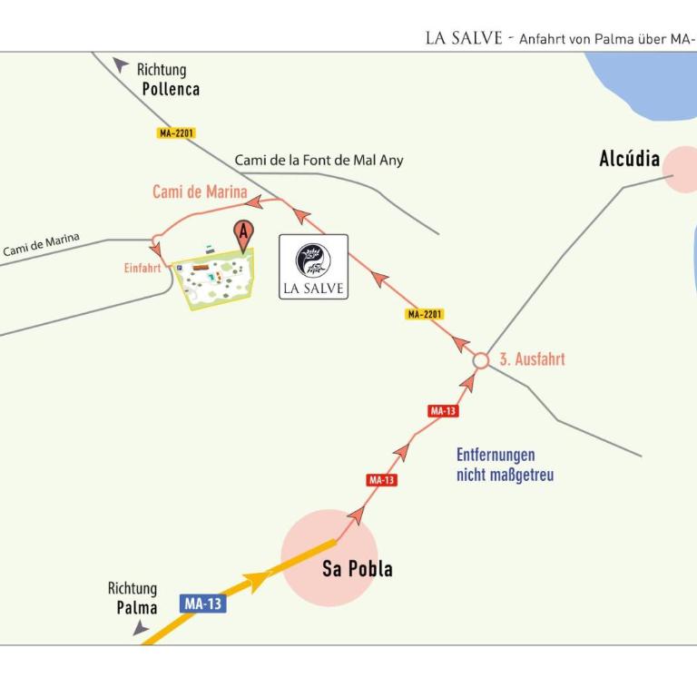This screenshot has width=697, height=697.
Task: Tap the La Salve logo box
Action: [313, 267]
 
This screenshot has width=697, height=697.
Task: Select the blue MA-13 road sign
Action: [203, 604]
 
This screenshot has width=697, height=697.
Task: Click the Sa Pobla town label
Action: [358, 568]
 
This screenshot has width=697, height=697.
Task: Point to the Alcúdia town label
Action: [630, 159]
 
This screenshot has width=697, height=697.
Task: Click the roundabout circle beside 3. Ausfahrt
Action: [480, 360]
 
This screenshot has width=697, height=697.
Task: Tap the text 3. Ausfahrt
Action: [532, 359]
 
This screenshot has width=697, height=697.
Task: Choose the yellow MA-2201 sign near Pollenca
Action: [176, 133]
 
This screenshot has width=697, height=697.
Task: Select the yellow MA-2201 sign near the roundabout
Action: [425, 314]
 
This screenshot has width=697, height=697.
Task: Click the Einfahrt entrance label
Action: [142, 268]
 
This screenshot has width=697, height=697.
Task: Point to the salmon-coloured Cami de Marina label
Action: [200, 191]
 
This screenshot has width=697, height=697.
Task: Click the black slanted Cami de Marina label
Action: [42, 244]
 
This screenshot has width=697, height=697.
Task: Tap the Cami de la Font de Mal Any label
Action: [319, 160]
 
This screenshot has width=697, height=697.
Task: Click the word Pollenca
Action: [171, 89]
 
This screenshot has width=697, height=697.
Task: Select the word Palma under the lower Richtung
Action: [137, 608]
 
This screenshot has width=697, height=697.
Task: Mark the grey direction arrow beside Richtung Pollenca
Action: [120, 64]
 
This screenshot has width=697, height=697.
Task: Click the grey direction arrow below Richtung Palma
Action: [141, 628]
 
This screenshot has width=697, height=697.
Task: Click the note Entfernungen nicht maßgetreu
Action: [505, 465]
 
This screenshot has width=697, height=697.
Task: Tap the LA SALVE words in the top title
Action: [464, 38]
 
